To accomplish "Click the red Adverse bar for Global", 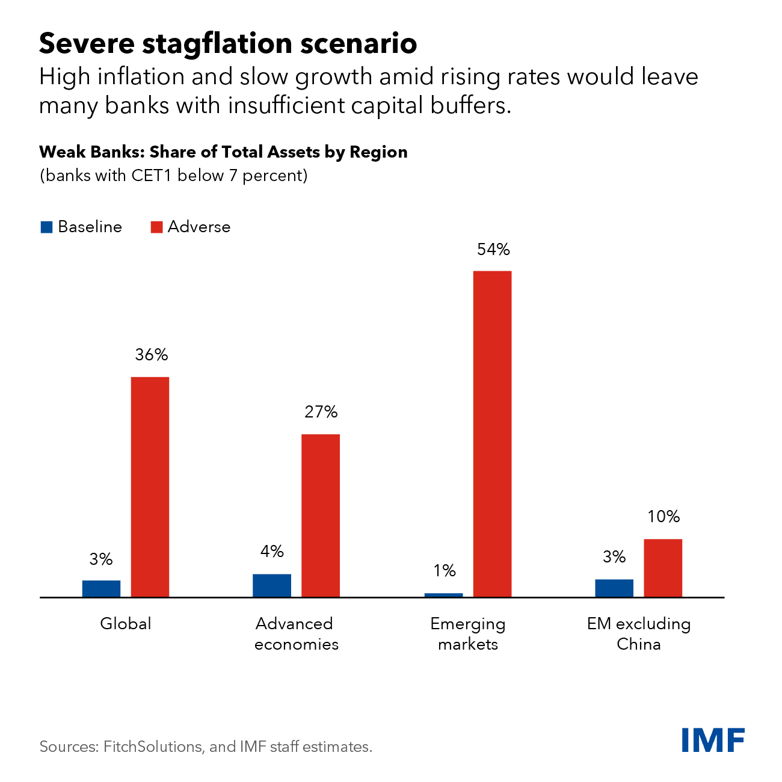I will click(x=150, y=487).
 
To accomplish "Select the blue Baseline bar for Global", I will click(x=101, y=588).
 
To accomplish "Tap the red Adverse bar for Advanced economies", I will click(x=321, y=516).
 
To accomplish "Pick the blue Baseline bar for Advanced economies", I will click(x=272, y=585).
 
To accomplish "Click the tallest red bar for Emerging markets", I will click(x=492, y=434).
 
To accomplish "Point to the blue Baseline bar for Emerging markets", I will click(x=444, y=595).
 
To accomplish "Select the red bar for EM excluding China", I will click(x=663, y=568).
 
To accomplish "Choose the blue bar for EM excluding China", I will click(x=614, y=588).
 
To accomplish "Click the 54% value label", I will click(x=493, y=250).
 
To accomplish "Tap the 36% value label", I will click(x=152, y=355).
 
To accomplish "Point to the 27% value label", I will click(x=321, y=412).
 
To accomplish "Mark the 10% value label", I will click(x=663, y=517).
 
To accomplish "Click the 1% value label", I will click(x=445, y=571).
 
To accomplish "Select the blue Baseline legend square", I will click(x=46, y=227).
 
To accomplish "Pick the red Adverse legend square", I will click(x=156, y=227).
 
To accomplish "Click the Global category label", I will click(x=126, y=624).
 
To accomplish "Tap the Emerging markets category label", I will click(x=468, y=634).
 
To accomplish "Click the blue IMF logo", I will click(x=713, y=740).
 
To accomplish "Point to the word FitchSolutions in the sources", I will click(x=153, y=747).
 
